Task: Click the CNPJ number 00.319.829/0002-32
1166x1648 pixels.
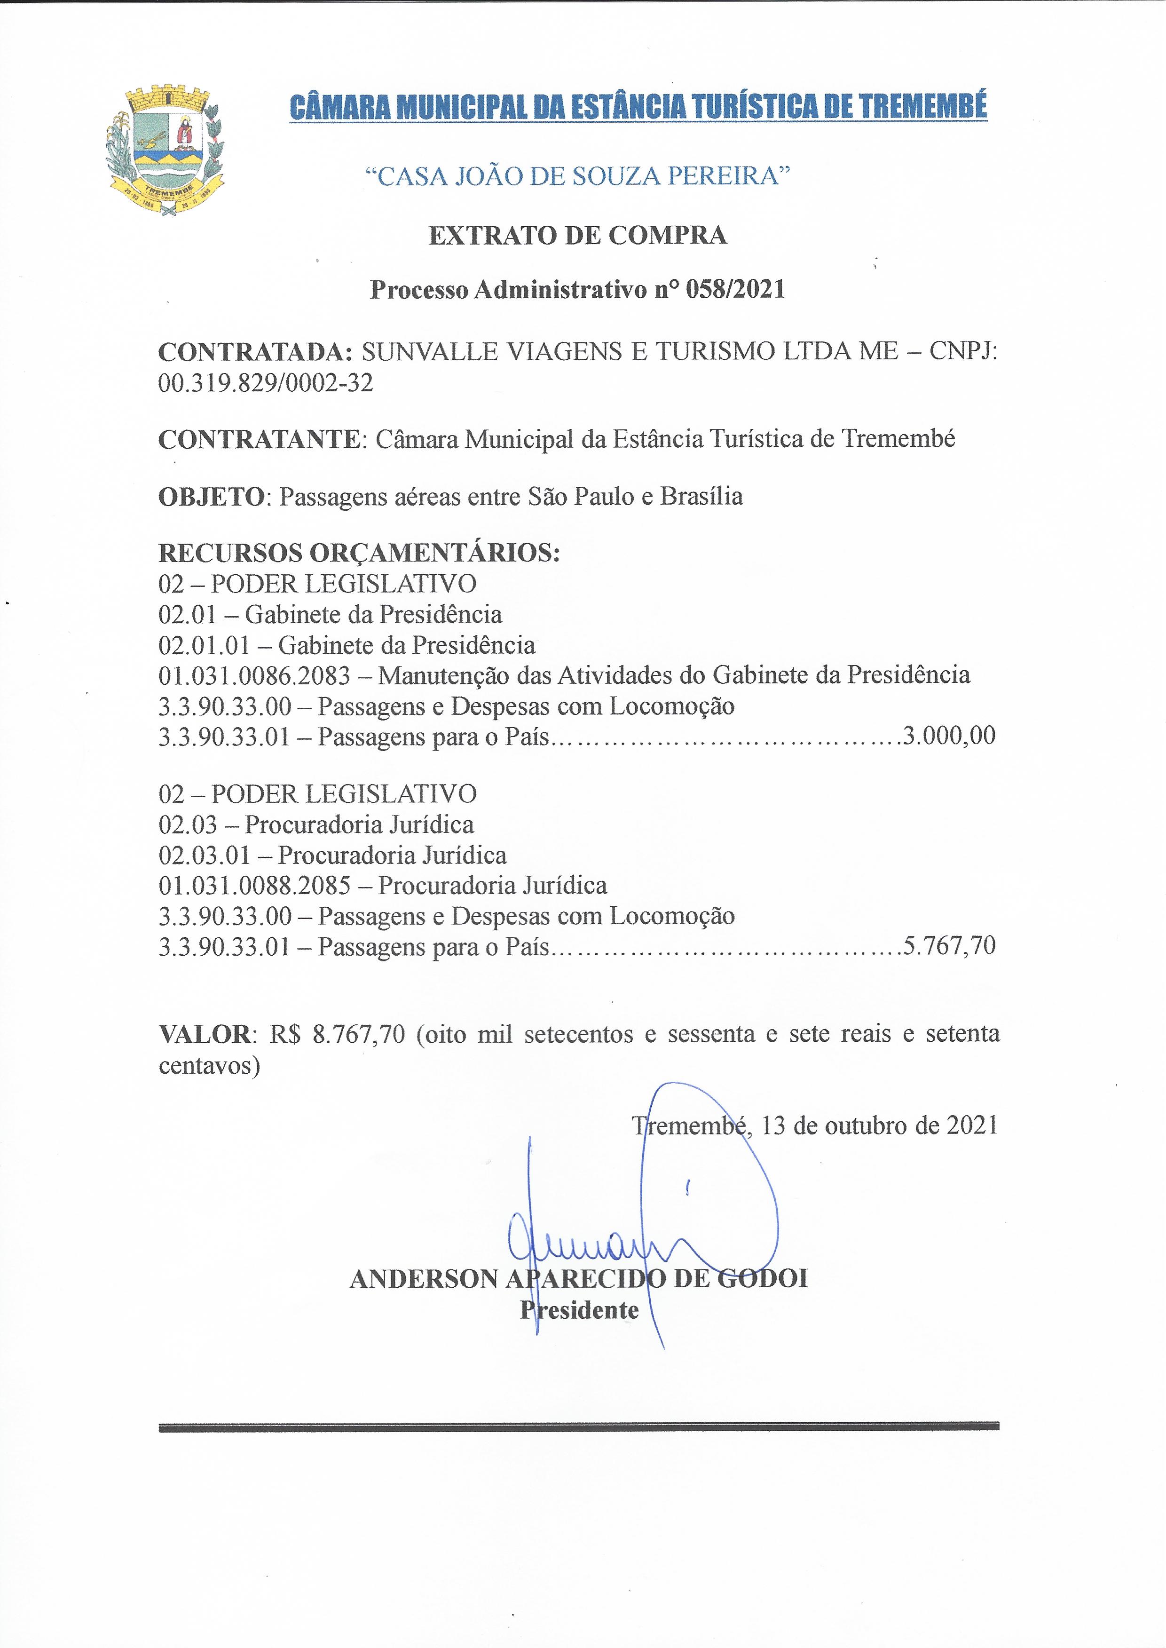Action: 266,383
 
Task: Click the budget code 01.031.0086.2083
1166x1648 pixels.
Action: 254,675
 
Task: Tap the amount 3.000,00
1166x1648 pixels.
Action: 949,736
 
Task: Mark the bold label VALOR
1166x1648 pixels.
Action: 205,1034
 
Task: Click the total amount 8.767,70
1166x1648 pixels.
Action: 359,1034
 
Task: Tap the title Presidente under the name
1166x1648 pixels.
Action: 579,1310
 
